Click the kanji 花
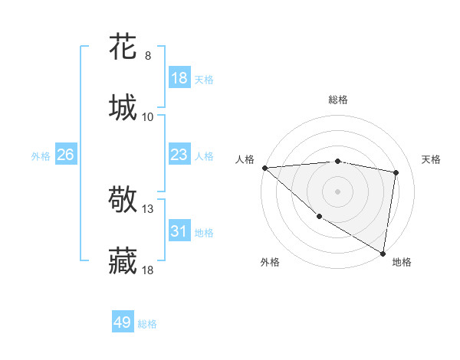123,47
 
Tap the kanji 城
123,106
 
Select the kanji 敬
123,201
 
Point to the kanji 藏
123,261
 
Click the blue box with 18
179,77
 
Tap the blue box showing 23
179,155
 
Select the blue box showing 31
179,231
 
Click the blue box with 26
65,155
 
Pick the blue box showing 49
123,322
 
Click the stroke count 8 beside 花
148,56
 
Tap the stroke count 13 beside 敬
149,209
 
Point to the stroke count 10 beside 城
148,116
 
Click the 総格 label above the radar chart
337,100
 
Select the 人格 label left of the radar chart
245,159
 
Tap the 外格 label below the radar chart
270,262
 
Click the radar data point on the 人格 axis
264,168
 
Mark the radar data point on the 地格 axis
383,254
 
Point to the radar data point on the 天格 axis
396,172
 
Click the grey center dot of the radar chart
337,191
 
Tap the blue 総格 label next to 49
147,324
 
